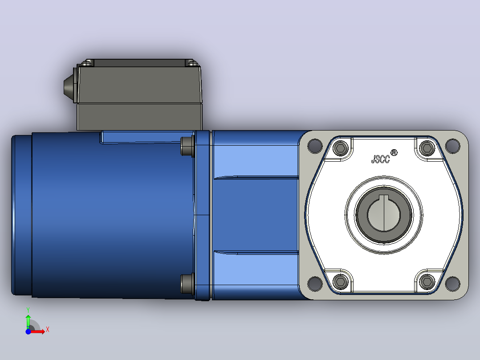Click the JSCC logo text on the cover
pos(381,159)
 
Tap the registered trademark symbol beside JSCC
pos(394,152)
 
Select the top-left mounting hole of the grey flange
pos(315,146)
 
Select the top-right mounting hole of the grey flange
pos(452,146)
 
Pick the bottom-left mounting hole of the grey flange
pos(315,283)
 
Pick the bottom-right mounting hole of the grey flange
pos(452,283)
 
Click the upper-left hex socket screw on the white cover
pos(340,149)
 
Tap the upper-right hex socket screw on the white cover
pos(427,149)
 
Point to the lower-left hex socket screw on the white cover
pos(340,281)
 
